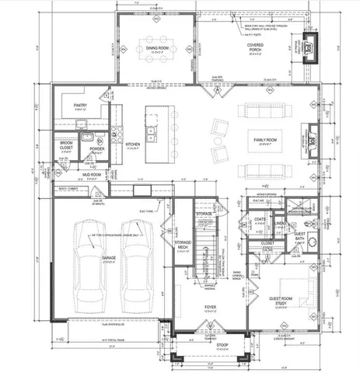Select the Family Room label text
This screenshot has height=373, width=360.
click(x=265, y=141)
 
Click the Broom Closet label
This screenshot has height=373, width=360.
click(x=67, y=145)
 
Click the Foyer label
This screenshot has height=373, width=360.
click(x=210, y=308)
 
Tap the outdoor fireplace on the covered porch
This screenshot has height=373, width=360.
click(x=313, y=47)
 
